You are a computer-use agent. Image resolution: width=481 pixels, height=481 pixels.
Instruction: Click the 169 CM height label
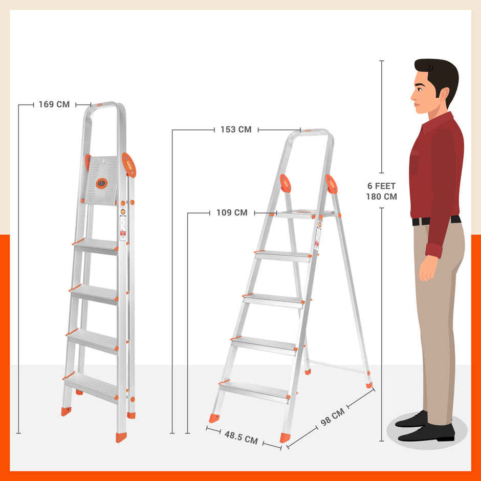(54, 104)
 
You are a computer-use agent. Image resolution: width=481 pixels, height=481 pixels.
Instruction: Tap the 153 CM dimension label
(236, 129)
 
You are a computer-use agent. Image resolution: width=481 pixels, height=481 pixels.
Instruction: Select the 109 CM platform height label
(232, 212)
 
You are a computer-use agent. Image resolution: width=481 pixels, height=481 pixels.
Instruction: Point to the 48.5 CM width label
(240, 438)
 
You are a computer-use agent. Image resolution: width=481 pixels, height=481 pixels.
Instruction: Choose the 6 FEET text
(381, 186)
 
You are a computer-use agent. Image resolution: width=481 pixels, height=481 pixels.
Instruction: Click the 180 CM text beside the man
(381, 196)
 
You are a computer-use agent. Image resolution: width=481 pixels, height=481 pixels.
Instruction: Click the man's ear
(442, 95)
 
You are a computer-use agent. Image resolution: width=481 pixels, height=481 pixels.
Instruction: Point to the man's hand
(428, 269)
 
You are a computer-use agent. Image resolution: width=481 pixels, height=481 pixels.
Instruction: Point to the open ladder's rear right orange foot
(369, 384)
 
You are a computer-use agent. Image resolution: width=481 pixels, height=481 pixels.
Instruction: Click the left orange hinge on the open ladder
(285, 183)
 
